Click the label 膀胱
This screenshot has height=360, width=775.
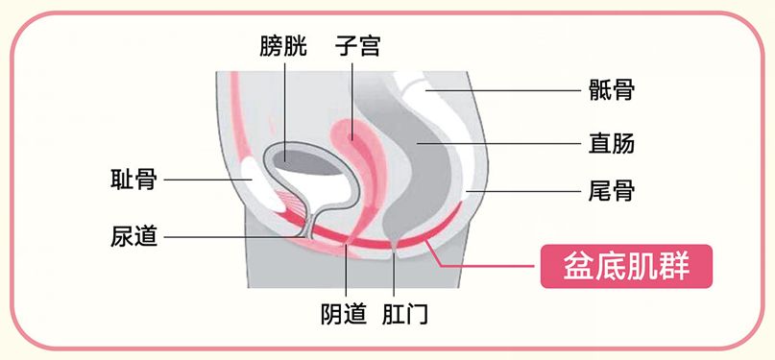pos(283,45)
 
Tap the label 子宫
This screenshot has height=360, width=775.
pos(357,45)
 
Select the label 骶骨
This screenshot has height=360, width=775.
pos(611,91)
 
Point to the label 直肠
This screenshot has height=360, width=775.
pos(611,144)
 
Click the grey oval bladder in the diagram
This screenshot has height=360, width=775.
pos(305,159)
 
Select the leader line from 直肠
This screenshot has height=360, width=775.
pos(509,144)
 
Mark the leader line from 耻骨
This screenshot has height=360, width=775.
pos(206,179)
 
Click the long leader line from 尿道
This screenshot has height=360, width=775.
pos(230,236)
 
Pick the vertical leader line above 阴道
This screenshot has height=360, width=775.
pos(346,274)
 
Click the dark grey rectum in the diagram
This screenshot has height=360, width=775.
pos(423,154)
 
